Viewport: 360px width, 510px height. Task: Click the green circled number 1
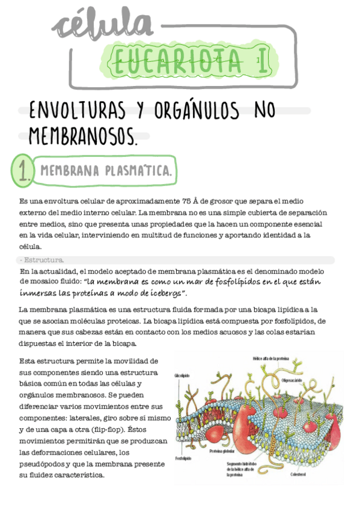tap(23, 171)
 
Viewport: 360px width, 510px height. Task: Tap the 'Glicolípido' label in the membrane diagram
tap(182, 375)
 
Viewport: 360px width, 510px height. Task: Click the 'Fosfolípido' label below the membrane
tap(183, 458)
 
